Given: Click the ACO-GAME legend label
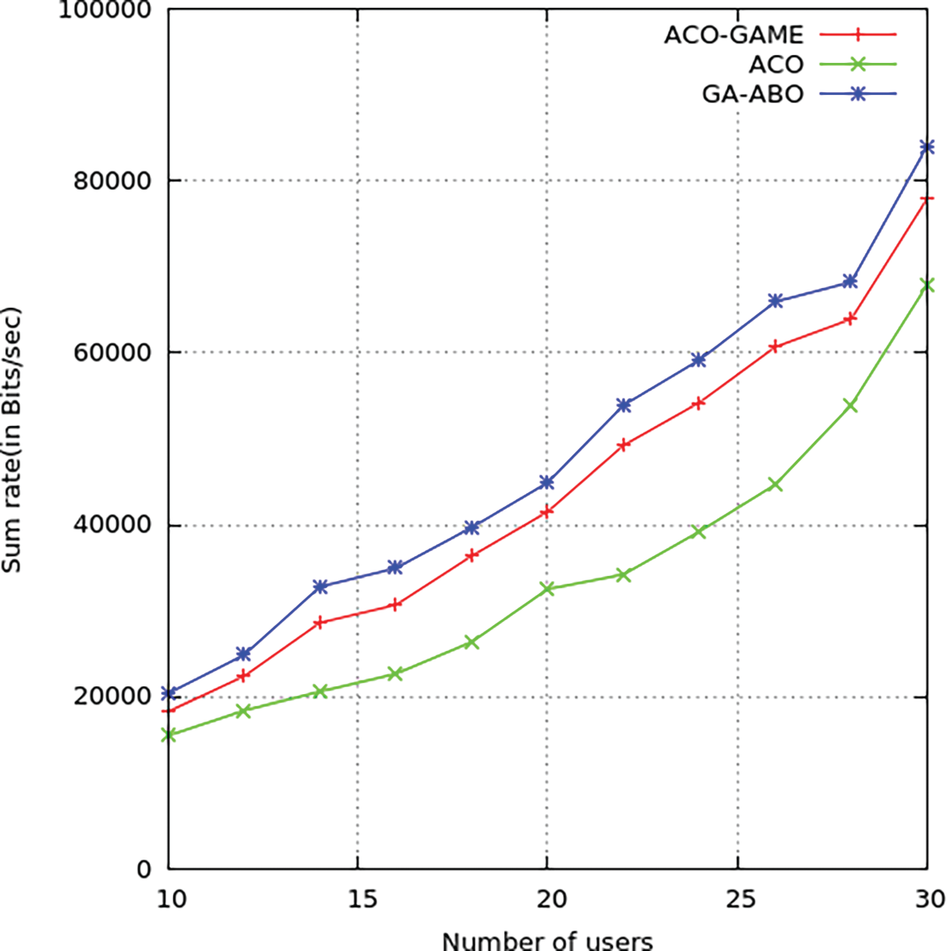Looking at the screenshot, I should (733, 35).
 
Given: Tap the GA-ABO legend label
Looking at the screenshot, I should (752, 94).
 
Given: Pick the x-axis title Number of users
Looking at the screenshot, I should (547, 938).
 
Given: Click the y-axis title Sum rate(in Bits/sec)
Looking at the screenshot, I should (15, 439).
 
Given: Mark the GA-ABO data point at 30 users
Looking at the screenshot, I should (927, 147).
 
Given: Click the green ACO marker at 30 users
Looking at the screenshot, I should (927, 285).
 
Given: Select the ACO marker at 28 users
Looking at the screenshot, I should (851, 405).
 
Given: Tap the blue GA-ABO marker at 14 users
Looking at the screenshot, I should (321, 587).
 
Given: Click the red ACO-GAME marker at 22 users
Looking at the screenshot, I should (624, 445).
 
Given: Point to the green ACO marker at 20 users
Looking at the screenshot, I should (547, 589).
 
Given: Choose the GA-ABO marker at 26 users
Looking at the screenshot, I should (775, 301).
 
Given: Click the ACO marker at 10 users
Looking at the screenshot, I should (169, 735).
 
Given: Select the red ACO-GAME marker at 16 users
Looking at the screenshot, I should (396, 605).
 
